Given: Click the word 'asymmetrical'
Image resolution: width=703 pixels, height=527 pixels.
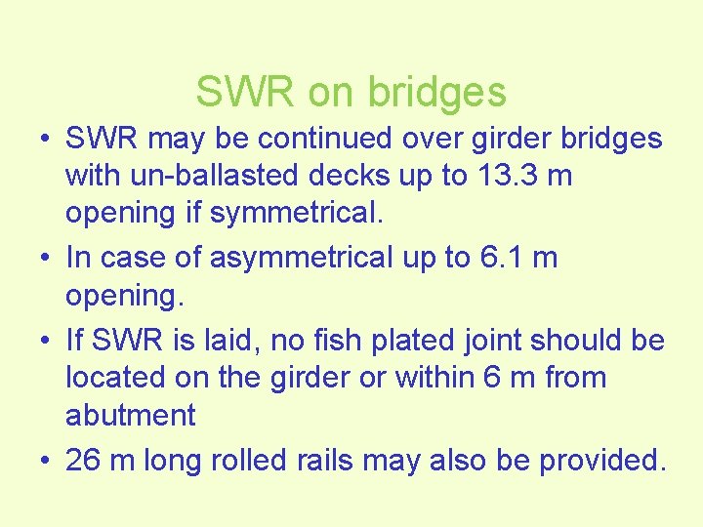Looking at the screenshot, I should coord(291,258).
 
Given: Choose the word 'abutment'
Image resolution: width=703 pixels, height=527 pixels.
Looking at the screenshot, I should coord(130,415).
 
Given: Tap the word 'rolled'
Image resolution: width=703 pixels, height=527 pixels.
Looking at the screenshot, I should coord(281,459).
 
